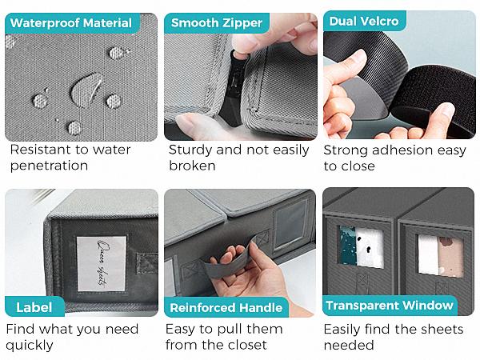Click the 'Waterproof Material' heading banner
[x=72, y=23]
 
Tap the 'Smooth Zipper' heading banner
[x=217, y=23]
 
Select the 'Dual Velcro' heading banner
[x=364, y=21]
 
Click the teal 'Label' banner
[x=34, y=307]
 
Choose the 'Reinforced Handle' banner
[x=226, y=307]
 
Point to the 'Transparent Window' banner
[x=390, y=306]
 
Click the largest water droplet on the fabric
[x=86, y=90]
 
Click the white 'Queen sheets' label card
[x=101, y=263]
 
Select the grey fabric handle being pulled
[x=230, y=261]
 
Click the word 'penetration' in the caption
[x=50, y=166]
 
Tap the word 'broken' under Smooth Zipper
[x=192, y=166]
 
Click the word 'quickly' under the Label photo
[x=30, y=346]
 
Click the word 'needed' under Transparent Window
[x=349, y=345]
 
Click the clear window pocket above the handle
[x=290, y=225]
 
